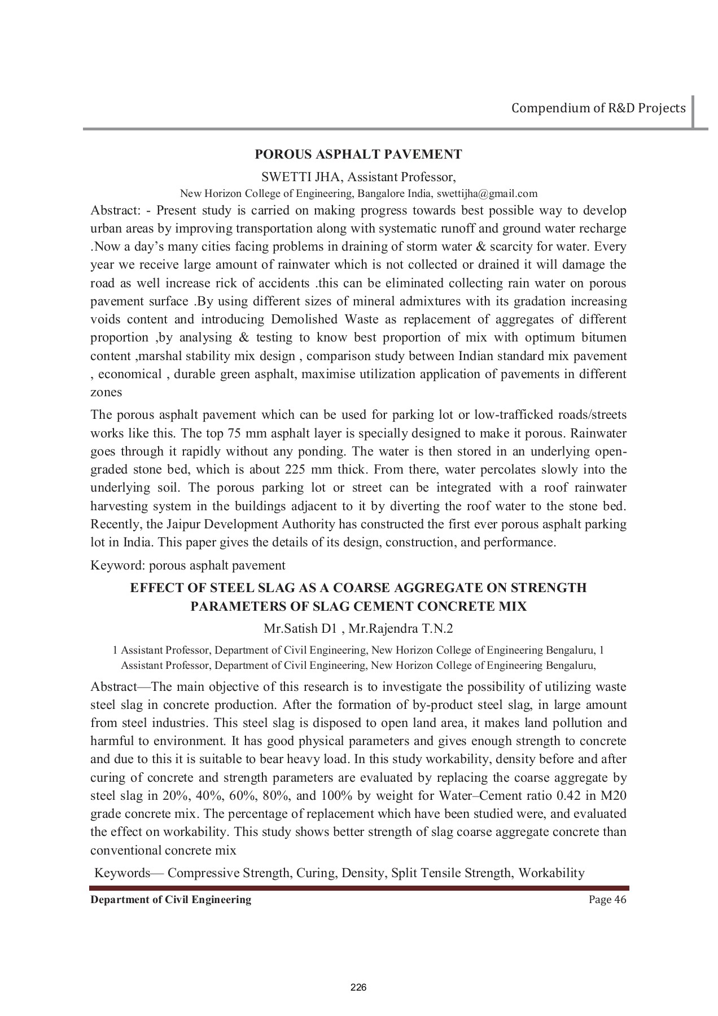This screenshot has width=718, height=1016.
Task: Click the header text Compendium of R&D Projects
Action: click(598, 108)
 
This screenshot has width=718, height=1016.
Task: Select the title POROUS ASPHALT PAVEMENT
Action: click(358, 154)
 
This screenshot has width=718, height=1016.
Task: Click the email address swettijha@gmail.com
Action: click(487, 194)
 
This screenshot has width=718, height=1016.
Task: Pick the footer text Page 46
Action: click(607, 900)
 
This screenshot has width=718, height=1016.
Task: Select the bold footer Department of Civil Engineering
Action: click(171, 900)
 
